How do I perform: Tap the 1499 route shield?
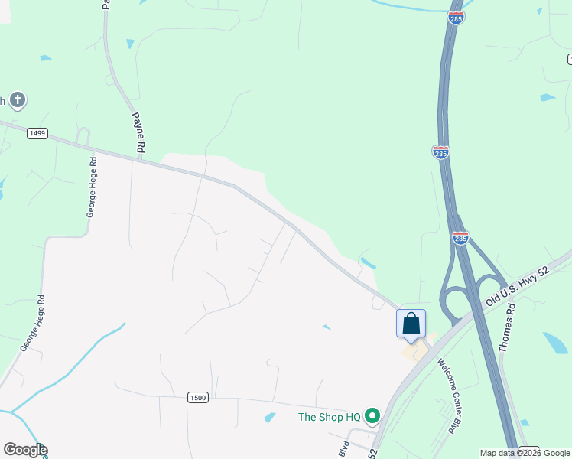37,133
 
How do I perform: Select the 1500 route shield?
197,397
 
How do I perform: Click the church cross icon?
17,99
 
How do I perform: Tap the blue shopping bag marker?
411,324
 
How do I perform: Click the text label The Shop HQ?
329,417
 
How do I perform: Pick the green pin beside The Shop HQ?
372,416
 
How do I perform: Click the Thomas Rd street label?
507,327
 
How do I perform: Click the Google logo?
24,450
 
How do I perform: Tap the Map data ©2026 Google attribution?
525,453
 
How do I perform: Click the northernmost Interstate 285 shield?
456,17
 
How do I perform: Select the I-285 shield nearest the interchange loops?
460,238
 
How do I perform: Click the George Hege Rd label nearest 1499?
91,187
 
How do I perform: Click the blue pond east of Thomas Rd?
554,342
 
